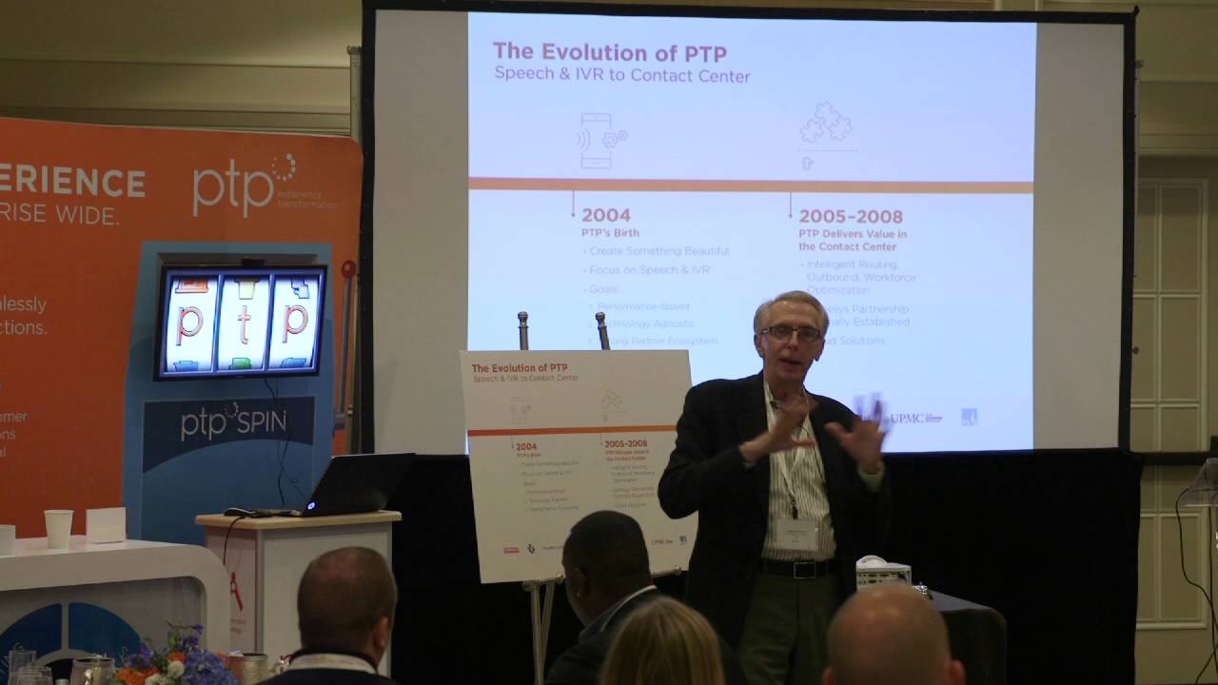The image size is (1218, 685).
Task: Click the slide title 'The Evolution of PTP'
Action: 609,52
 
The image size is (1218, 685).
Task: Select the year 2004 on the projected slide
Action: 606,215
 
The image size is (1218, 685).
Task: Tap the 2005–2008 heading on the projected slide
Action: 851,216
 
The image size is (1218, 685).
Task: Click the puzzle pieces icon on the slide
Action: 825,124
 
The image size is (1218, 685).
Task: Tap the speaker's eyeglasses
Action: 790,333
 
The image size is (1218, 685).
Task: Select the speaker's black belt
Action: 797,568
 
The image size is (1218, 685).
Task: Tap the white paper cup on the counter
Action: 58,529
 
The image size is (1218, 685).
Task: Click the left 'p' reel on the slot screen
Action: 190,322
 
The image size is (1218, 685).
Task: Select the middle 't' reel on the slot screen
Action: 243,322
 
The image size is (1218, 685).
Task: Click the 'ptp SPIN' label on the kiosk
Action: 233,421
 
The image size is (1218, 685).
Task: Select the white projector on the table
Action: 882,571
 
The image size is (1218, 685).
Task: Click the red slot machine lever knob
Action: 348,269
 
